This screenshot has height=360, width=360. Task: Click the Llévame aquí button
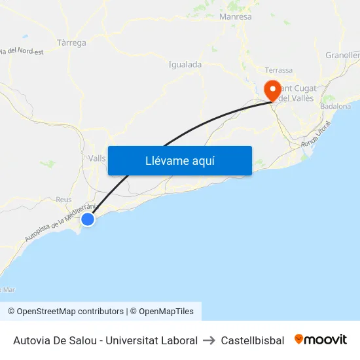click(x=180, y=160)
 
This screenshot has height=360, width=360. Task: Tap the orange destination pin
click(x=271, y=90)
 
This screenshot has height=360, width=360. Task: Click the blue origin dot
click(x=87, y=219)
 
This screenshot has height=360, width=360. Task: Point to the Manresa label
click(x=236, y=17)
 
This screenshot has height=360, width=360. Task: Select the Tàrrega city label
click(x=71, y=43)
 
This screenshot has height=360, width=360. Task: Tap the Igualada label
click(x=185, y=64)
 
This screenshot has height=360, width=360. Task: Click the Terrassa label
click(x=278, y=70)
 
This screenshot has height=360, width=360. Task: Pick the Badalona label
click(x=336, y=106)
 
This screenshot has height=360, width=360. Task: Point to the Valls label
click(x=97, y=158)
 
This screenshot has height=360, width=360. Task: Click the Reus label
click(x=63, y=200)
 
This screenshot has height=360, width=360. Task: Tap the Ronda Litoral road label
click(x=316, y=137)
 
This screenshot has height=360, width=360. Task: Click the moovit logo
click(x=321, y=340)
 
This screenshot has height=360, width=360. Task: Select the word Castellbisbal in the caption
click(x=253, y=340)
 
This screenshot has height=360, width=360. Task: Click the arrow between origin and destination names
click(x=209, y=340)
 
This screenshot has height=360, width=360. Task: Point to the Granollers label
click(x=343, y=56)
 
